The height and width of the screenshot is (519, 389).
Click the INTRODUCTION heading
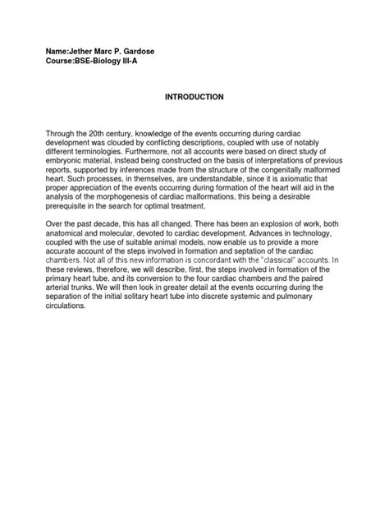(194, 97)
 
